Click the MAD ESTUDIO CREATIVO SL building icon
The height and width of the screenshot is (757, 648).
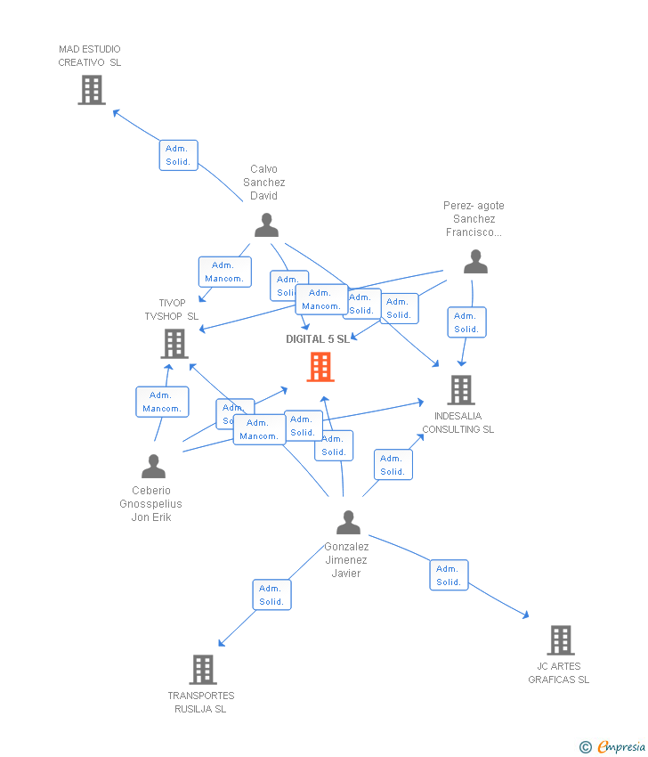(x=92, y=90)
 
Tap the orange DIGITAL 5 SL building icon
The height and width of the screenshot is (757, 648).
(x=320, y=367)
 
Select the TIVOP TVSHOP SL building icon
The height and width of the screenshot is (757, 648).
(x=174, y=344)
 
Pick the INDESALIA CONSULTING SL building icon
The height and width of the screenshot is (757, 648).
(x=460, y=389)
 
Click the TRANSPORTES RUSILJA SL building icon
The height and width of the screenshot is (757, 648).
(x=203, y=670)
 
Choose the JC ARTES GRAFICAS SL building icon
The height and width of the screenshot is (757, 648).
(x=560, y=640)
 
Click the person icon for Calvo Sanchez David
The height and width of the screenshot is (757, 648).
(x=266, y=225)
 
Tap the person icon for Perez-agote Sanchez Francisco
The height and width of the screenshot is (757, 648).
(x=475, y=262)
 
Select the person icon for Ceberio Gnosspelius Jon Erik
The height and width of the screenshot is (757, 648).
(x=153, y=467)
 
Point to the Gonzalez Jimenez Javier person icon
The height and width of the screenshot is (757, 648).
(x=348, y=523)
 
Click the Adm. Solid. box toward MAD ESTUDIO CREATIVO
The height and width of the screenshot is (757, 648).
(x=178, y=155)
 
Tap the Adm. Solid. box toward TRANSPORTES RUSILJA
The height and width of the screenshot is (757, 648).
(x=271, y=595)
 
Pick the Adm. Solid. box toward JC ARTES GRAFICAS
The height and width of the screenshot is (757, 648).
(x=449, y=575)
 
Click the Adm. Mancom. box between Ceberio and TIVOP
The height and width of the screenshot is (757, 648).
(x=162, y=402)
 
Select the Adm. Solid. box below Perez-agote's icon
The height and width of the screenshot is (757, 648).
(x=466, y=322)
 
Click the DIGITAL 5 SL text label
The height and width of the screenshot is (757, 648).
(x=318, y=339)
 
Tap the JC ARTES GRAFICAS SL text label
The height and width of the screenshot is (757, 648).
(x=558, y=673)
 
